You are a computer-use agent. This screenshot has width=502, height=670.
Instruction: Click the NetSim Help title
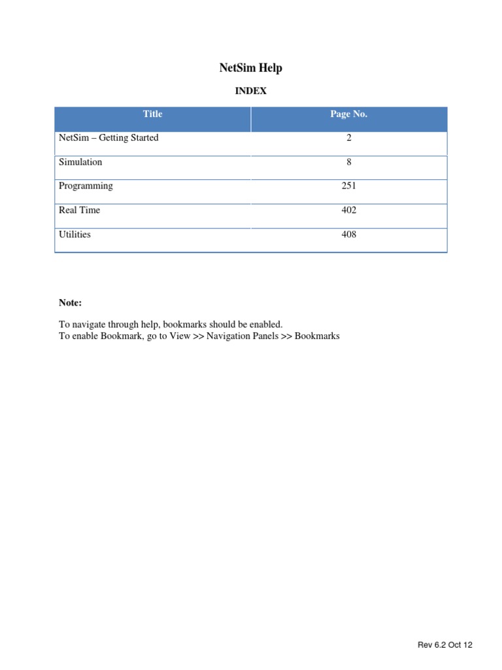[250, 68]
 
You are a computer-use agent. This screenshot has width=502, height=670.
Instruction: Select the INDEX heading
[251, 92]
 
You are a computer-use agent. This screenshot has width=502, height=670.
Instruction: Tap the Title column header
[153, 115]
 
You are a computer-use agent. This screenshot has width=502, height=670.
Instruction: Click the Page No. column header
[348, 115]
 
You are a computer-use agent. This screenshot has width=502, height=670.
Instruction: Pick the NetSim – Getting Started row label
[109, 138]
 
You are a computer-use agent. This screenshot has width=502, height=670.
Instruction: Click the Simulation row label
[80, 162]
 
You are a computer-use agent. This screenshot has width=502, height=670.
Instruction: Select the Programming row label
[86, 186]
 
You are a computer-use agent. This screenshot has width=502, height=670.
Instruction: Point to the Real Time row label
[79, 210]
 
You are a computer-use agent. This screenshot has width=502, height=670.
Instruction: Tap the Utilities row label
[75, 234]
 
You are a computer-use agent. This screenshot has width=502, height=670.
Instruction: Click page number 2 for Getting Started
[349, 138]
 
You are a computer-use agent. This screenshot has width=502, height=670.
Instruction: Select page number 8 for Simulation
[349, 162]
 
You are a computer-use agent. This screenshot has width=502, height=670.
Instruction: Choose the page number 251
[349, 186]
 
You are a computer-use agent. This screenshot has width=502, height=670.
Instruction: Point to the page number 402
[349, 210]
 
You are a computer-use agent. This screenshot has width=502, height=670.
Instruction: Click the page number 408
[349, 234]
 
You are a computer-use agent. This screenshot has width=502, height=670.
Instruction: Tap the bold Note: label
[70, 303]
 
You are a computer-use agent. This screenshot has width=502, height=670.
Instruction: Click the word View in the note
[180, 336]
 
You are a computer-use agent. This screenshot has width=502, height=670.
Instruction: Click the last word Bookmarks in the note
[317, 336]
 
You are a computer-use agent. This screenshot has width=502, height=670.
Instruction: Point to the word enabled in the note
[265, 325]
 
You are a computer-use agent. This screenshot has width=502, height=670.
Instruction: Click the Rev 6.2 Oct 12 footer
[445, 645]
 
